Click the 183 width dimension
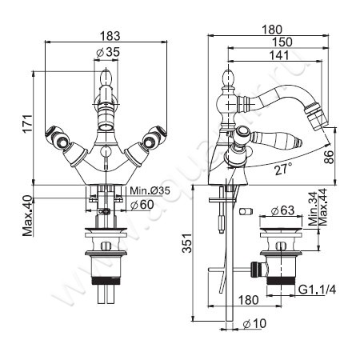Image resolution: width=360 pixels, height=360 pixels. [x=110, y=36]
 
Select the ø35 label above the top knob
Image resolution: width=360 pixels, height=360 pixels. [x=107, y=53]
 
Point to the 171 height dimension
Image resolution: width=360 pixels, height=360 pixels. [x=27, y=123]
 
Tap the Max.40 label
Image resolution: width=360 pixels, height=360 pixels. [x=27, y=216]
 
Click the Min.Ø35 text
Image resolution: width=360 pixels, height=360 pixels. [x=150, y=190]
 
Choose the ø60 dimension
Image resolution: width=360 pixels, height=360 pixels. [x=142, y=205]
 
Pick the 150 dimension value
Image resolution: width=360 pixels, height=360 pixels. [x=282, y=42]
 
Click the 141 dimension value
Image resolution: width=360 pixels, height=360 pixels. [x=278, y=55]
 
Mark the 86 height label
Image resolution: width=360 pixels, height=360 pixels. [x=329, y=157]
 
